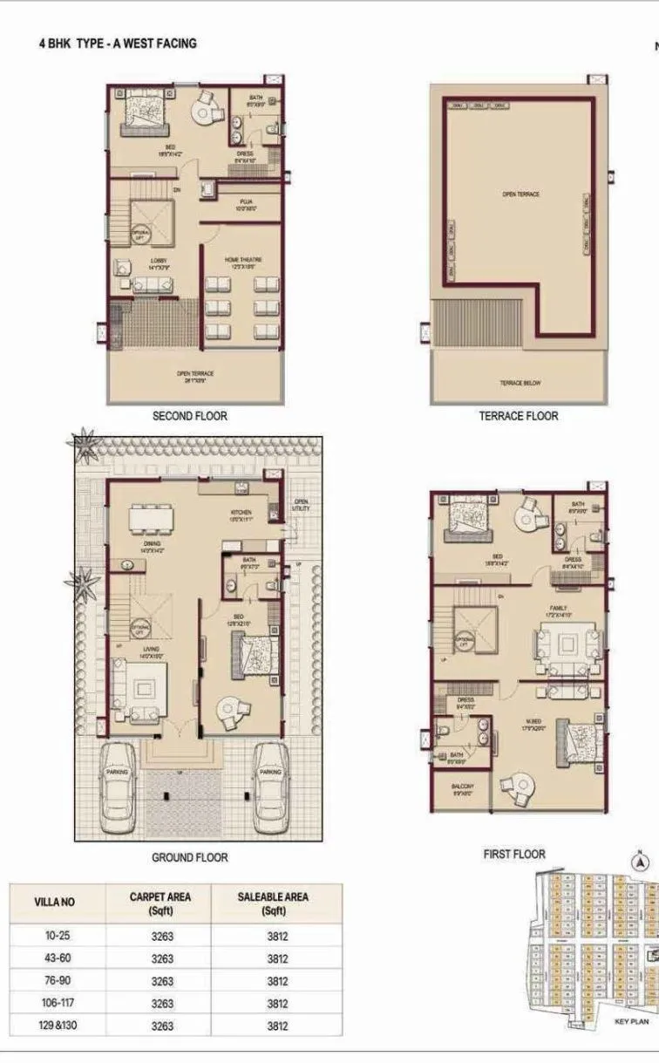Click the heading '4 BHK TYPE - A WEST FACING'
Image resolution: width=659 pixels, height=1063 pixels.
tap(118, 43)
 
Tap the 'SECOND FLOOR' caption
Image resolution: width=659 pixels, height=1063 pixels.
tap(189, 416)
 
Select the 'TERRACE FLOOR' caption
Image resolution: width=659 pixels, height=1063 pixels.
tap(518, 416)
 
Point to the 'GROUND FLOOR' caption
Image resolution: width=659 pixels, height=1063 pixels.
tap(189, 857)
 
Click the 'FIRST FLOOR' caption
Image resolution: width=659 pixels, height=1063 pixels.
tap(514, 854)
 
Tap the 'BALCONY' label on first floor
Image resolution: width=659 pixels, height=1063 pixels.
tap(462, 788)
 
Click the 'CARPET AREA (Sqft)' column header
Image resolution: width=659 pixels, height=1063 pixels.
tap(160, 903)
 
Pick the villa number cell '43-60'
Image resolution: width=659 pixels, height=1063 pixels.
tap(58, 958)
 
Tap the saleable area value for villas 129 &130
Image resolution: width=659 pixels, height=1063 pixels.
tap(277, 1026)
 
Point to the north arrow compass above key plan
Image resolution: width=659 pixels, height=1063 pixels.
tap(641, 861)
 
